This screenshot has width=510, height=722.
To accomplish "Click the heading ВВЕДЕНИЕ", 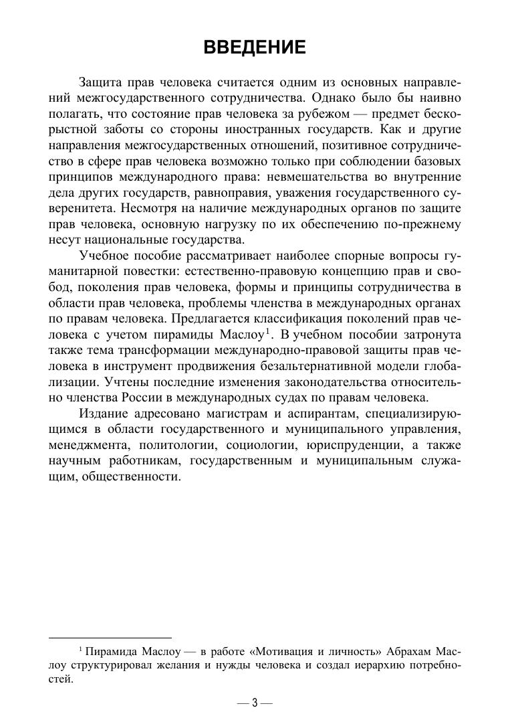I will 255,48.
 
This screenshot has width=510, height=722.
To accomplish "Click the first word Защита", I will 100,83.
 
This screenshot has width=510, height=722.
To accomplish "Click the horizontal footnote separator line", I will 110,638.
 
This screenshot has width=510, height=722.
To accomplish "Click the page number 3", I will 255,703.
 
